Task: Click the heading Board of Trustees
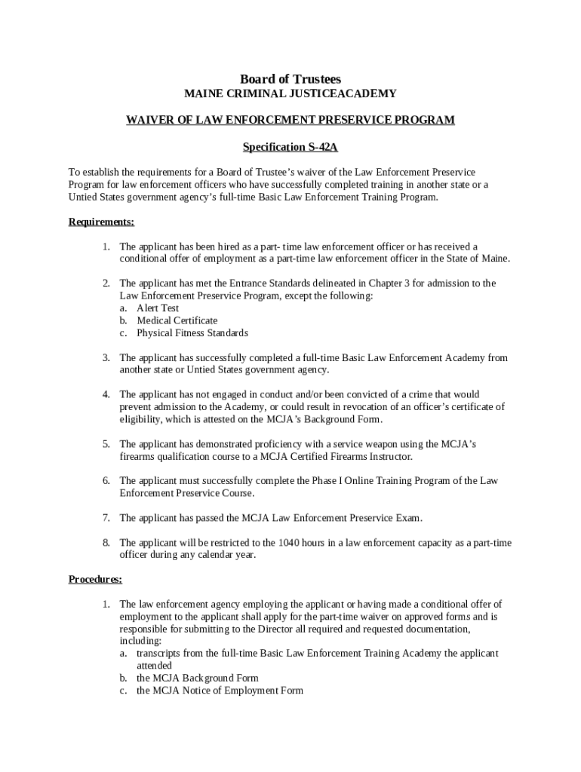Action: pos(290,79)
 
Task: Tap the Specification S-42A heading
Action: pos(290,147)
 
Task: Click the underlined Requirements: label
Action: pos(101,222)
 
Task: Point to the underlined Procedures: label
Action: pos(95,580)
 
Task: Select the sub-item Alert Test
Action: pos(158,308)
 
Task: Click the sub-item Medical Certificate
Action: pos(177,320)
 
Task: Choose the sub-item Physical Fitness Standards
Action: pos(192,333)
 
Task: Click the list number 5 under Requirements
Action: pos(106,444)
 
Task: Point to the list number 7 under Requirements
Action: pos(106,518)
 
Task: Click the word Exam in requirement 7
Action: pos(407,518)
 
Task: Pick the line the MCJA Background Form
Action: pos(197,679)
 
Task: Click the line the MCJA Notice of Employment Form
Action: pos(220,691)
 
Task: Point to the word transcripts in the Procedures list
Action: pos(161,654)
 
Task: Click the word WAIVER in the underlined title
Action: pos(149,120)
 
